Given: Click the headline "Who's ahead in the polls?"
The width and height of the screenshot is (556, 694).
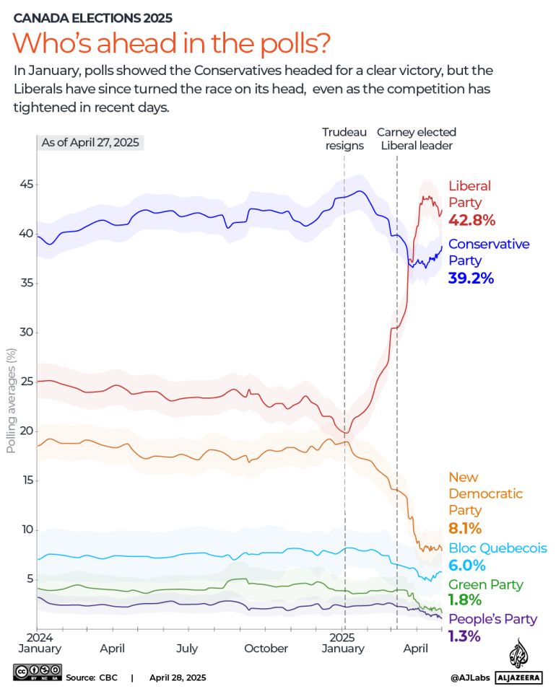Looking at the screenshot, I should [172, 43].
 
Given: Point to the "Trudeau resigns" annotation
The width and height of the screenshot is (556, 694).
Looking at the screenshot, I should [344, 139].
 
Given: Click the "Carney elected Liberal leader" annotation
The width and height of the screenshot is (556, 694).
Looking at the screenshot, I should [416, 139].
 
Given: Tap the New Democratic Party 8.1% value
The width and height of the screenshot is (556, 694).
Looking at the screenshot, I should [465, 528].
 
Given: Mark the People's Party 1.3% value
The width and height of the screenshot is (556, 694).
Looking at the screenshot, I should [465, 636].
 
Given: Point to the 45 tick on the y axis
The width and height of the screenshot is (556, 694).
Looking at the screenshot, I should [25, 185].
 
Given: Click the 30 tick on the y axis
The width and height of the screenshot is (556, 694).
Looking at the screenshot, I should [25, 333].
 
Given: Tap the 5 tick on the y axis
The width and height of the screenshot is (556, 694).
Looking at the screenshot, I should [29, 579].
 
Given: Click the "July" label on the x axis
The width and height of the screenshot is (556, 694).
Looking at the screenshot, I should [187, 649].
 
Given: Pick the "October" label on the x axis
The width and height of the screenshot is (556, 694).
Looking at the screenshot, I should [266, 649].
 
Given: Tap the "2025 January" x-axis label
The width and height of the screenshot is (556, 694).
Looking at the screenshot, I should [343, 643].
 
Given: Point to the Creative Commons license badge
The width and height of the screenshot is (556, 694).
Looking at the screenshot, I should [35, 677].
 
